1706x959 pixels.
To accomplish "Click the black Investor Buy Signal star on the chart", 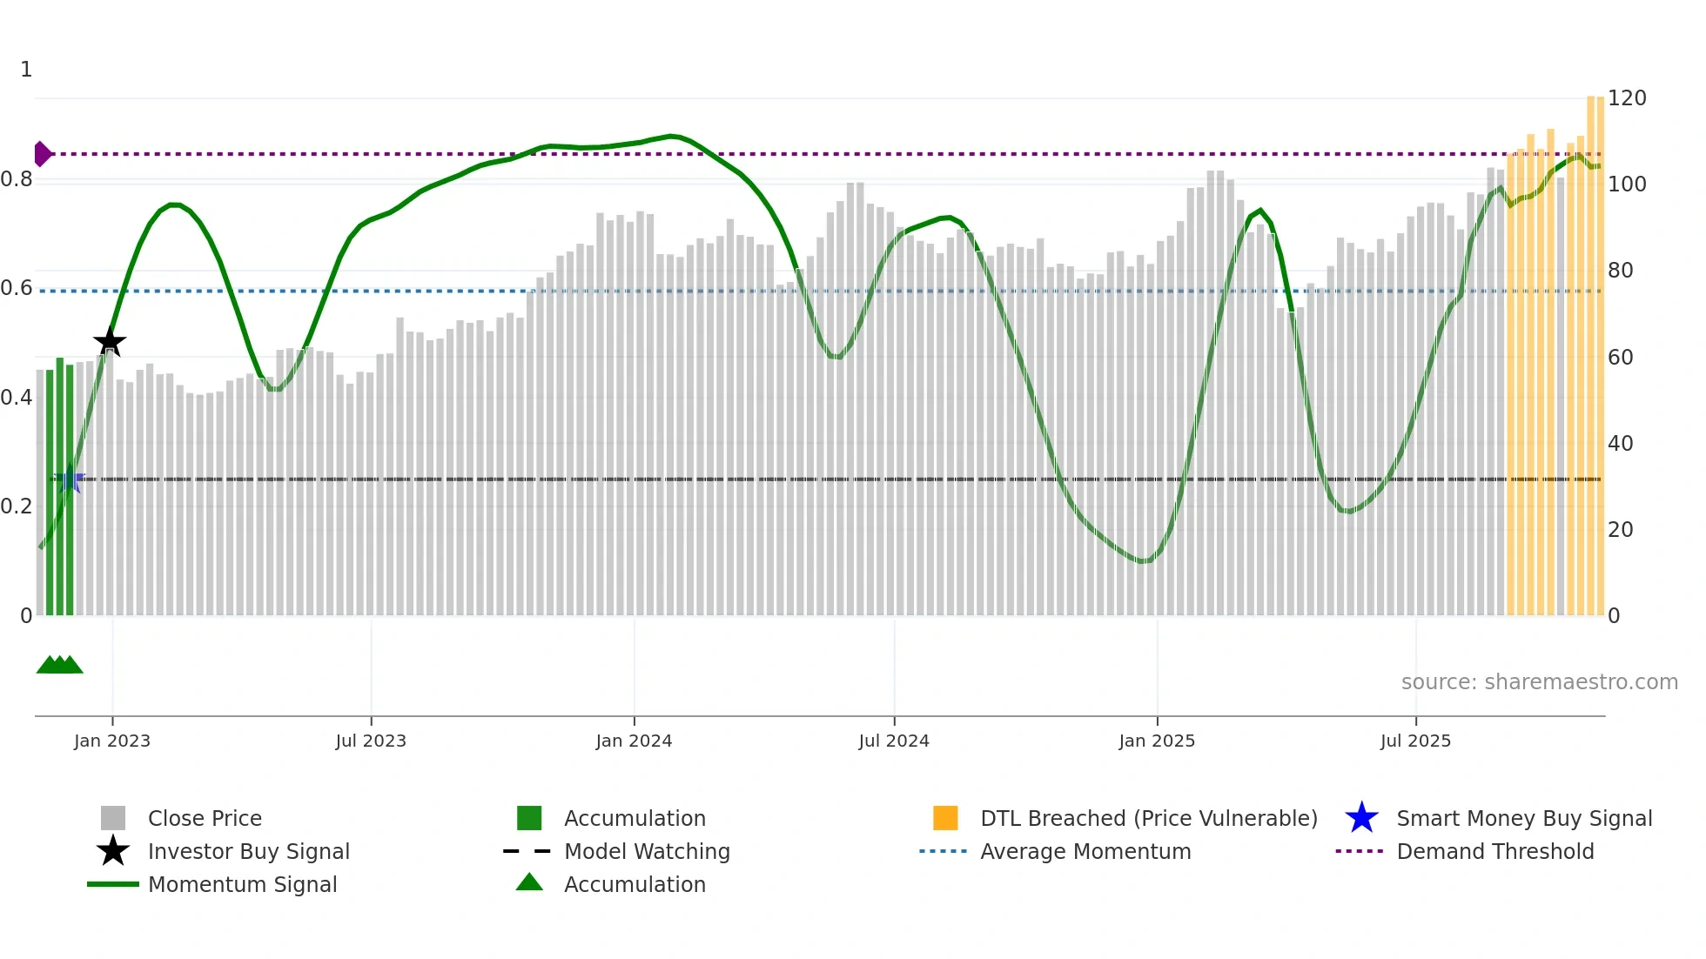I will (x=110, y=342).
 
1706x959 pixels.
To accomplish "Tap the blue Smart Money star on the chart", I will (x=70, y=479).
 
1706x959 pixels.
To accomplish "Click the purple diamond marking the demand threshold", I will (x=42, y=154).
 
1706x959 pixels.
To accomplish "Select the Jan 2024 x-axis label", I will (x=634, y=741).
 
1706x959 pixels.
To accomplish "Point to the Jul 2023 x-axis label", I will (x=371, y=741).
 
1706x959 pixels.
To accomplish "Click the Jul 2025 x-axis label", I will (x=1415, y=741).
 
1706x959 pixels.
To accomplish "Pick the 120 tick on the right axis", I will (x=1626, y=98).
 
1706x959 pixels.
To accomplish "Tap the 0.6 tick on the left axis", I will (x=17, y=288).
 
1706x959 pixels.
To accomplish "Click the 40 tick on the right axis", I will (x=1620, y=443).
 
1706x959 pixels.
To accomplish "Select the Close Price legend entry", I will (x=205, y=818).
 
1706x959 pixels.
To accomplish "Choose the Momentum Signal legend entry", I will (x=242, y=884).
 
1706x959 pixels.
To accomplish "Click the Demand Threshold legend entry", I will (x=1494, y=851).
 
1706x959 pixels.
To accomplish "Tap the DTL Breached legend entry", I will (x=1148, y=818).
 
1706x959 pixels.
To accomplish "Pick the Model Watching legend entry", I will (x=647, y=851).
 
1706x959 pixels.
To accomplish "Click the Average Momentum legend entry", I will (x=1085, y=851).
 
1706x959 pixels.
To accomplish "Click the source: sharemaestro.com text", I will (x=1539, y=681).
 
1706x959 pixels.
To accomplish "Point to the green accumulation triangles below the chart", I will (x=59, y=665).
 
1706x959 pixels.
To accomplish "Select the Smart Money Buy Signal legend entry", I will (x=1523, y=818).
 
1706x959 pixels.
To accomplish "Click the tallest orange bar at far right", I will (x=1591, y=348).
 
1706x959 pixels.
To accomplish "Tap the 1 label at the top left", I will (x=26, y=70).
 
